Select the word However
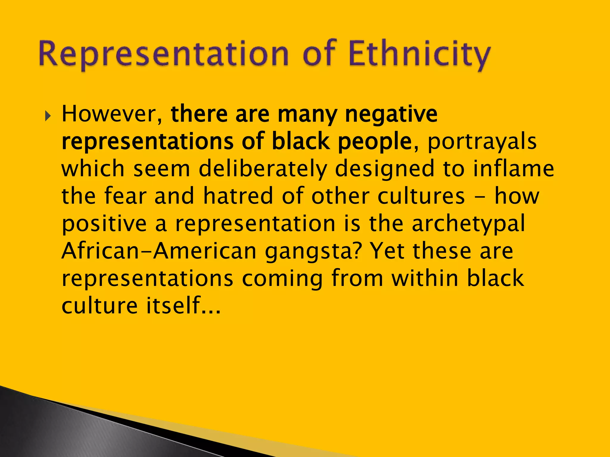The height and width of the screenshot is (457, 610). click(112, 114)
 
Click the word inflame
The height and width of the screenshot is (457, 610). click(513, 168)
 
